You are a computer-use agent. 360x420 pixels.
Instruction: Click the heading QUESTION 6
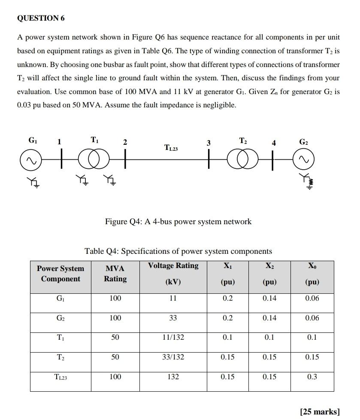click(x=41, y=18)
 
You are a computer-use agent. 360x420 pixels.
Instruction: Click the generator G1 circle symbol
click(x=29, y=160)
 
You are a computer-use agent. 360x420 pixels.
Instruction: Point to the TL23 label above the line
click(x=171, y=148)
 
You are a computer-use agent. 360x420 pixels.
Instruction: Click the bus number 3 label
click(x=209, y=143)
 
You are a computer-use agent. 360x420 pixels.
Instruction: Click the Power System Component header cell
click(x=61, y=274)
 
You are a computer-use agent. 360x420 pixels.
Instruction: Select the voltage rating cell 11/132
click(x=173, y=337)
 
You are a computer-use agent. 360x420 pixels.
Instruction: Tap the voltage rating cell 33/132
click(x=173, y=357)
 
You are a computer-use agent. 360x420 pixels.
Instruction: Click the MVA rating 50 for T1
click(x=115, y=337)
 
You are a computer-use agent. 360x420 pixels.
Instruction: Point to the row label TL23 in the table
click(x=61, y=377)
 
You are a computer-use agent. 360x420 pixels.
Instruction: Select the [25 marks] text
click(x=320, y=411)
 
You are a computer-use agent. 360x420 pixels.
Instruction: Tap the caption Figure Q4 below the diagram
click(x=178, y=222)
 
